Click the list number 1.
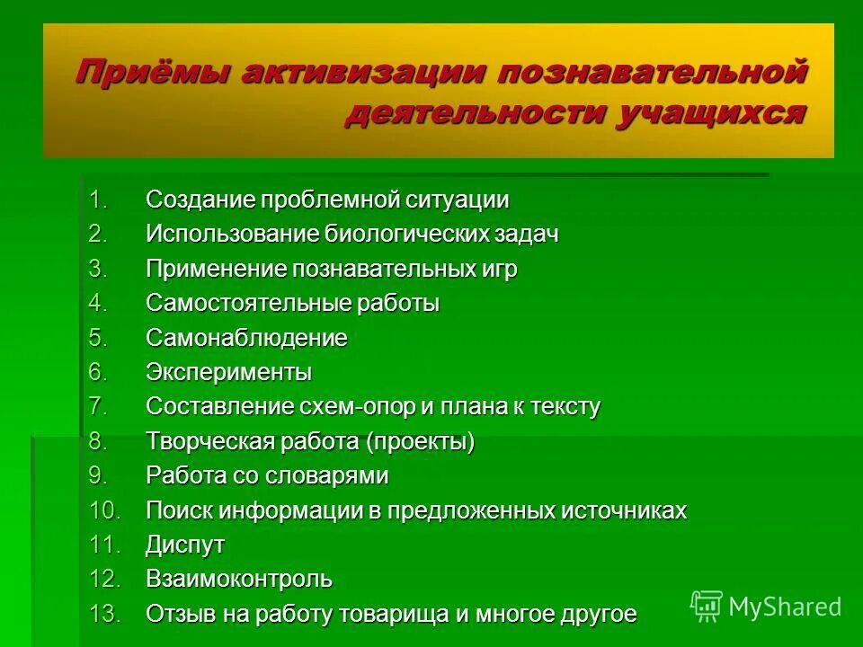click(x=98, y=199)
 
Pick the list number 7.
click(x=98, y=407)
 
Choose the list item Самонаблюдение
click(x=246, y=339)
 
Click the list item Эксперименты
click(x=228, y=373)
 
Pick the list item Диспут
click(x=185, y=545)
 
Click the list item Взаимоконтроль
click(x=239, y=580)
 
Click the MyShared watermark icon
click(x=707, y=606)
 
